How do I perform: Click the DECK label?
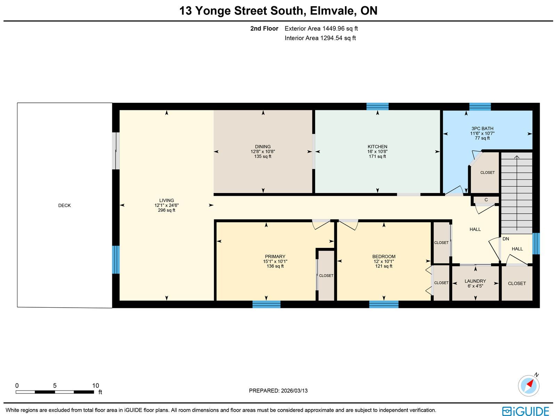(x=64, y=206)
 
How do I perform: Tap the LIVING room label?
(x=166, y=200)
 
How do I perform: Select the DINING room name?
(x=263, y=147)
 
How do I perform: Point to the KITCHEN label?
(x=377, y=147)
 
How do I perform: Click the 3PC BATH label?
(x=482, y=128)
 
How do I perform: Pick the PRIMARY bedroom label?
(x=275, y=257)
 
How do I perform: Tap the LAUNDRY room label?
(x=475, y=281)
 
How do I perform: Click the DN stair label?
(x=506, y=239)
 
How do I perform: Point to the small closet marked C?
(x=486, y=200)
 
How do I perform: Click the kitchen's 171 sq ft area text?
(x=377, y=156)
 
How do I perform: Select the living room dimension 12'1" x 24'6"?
(x=166, y=206)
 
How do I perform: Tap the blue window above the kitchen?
(x=377, y=107)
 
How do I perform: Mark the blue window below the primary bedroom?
(x=267, y=304)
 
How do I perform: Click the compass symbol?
(x=529, y=386)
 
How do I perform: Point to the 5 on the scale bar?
(x=55, y=386)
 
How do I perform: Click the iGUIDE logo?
(x=526, y=411)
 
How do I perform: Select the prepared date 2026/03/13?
(x=294, y=391)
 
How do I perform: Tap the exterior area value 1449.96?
(x=333, y=28)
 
